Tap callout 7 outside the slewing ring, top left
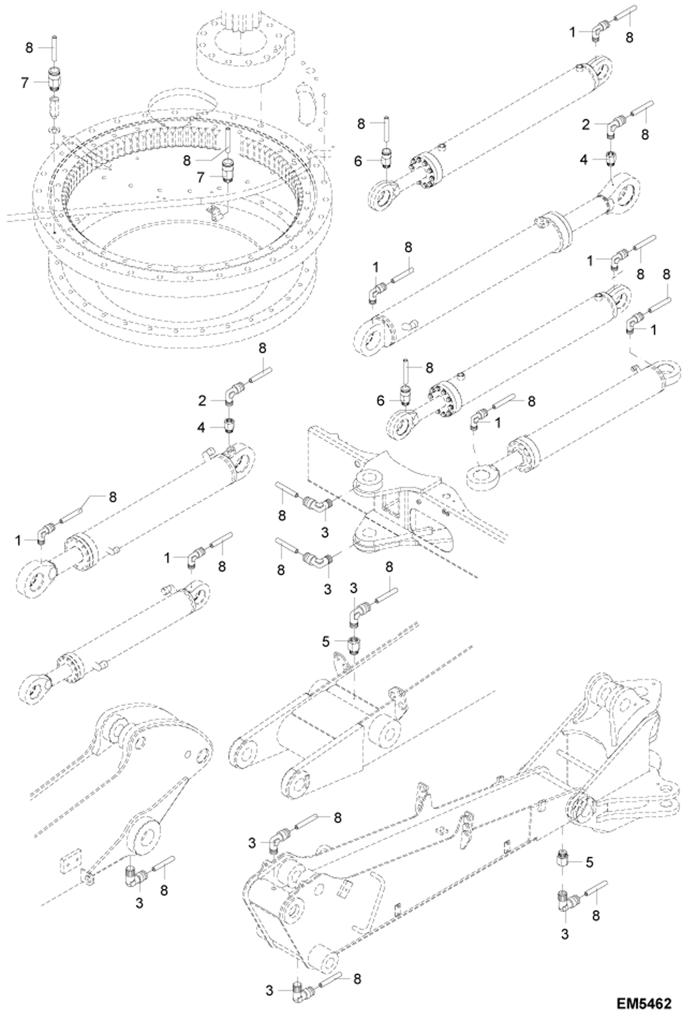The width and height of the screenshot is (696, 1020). coord(25,83)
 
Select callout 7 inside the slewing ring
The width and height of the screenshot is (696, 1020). coord(201,177)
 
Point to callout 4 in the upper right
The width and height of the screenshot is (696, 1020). coord(584,160)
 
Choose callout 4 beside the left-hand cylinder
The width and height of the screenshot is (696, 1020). coord(201,427)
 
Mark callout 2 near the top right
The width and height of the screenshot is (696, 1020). coord(586,124)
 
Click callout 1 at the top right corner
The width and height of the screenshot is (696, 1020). coord(573,32)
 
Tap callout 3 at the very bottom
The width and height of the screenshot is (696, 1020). coord(270,991)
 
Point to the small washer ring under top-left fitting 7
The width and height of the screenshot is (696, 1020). coord(54,128)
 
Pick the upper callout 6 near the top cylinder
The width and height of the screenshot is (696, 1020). coord(357,161)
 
